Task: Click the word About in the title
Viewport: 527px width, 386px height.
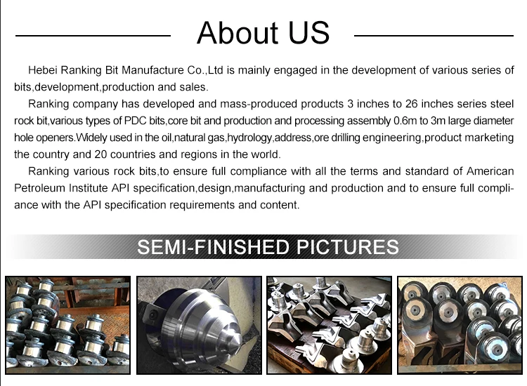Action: pyautogui.click(x=238, y=32)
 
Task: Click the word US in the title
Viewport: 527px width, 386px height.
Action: pyautogui.click(x=309, y=32)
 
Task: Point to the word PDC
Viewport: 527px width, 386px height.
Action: pyautogui.click(x=135, y=121)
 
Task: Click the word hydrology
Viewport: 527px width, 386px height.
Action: pyautogui.click(x=249, y=138)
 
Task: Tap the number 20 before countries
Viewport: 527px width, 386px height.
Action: pyautogui.click(x=100, y=154)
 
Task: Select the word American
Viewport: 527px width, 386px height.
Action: pyautogui.click(x=490, y=171)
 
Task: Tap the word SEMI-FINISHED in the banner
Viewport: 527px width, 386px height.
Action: pyautogui.click(x=214, y=247)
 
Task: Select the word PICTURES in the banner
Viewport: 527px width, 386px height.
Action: pyautogui.click(x=348, y=247)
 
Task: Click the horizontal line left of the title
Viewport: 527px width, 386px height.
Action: pyautogui.click(x=93, y=35)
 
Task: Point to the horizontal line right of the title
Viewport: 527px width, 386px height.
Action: pyautogui.click(x=434, y=35)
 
